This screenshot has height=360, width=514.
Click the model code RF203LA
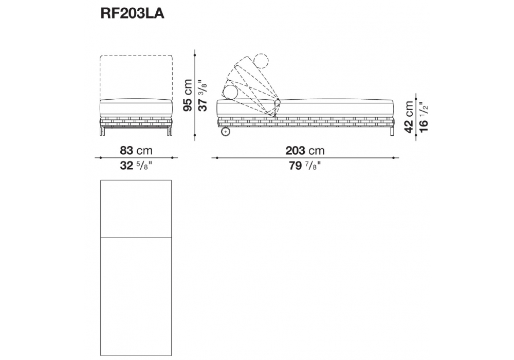click(x=132, y=14)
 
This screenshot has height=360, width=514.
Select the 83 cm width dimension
click(x=136, y=151)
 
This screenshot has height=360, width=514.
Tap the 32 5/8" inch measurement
click(x=136, y=166)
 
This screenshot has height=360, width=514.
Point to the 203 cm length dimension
click(x=305, y=151)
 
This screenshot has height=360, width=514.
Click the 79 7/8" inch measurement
click(x=305, y=166)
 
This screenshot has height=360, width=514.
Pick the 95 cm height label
click(x=188, y=95)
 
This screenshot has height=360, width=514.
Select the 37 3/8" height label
click(x=203, y=95)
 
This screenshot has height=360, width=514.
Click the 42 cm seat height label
click(x=409, y=117)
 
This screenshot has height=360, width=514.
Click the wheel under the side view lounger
click(x=226, y=132)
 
